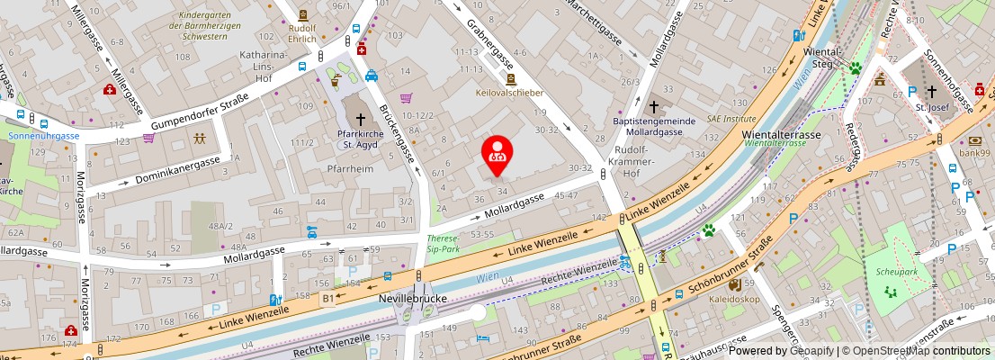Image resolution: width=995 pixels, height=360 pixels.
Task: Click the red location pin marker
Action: [496, 153]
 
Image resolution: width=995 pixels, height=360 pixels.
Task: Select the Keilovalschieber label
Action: [510, 92]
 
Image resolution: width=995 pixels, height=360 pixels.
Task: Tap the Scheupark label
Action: [891, 270]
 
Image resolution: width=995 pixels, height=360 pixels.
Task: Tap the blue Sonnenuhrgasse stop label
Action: [43, 136]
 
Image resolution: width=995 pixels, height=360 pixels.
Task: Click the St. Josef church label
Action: [932, 107]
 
